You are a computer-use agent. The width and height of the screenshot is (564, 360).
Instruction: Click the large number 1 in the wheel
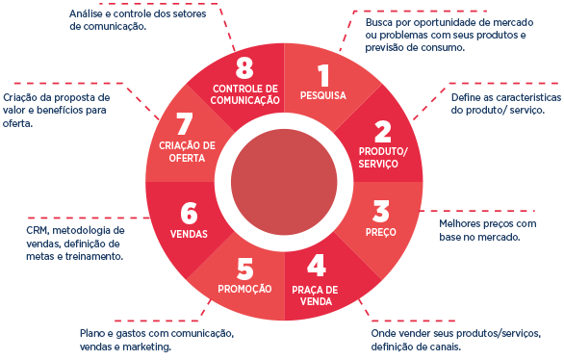(323, 75)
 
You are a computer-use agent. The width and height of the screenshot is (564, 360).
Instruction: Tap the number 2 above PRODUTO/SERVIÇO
(383, 132)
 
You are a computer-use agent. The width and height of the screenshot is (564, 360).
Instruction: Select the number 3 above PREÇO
(381, 211)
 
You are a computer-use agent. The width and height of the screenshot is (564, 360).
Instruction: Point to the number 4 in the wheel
(317, 265)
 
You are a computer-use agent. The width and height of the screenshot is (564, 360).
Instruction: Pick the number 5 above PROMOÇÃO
(245, 269)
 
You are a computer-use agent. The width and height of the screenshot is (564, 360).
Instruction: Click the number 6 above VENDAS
(190, 213)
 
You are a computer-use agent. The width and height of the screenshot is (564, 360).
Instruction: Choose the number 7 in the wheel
(185, 124)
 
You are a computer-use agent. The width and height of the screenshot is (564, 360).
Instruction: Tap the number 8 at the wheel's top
(244, 67)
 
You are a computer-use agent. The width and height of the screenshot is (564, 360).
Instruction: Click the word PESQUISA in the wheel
(323, 95)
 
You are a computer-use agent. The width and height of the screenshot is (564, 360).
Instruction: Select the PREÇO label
(381, 232)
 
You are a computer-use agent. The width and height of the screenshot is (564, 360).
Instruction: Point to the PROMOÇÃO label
(244, 289)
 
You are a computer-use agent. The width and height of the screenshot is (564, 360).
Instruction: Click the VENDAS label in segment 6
(189, 234)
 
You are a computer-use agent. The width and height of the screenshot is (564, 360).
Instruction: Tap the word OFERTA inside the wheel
(187, 158)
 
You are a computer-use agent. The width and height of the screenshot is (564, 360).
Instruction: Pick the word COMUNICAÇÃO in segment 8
(245, 100)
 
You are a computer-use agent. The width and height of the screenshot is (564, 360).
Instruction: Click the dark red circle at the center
(284, 182)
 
